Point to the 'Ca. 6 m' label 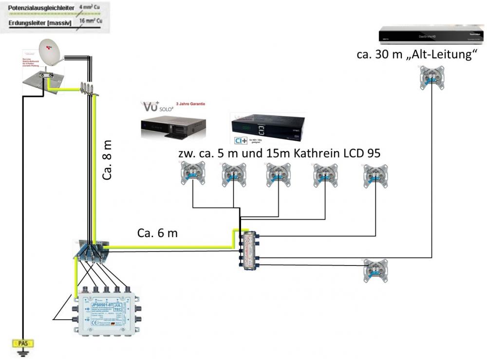[x=157, y=233]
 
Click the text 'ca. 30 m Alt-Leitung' [x=416, y=54]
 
